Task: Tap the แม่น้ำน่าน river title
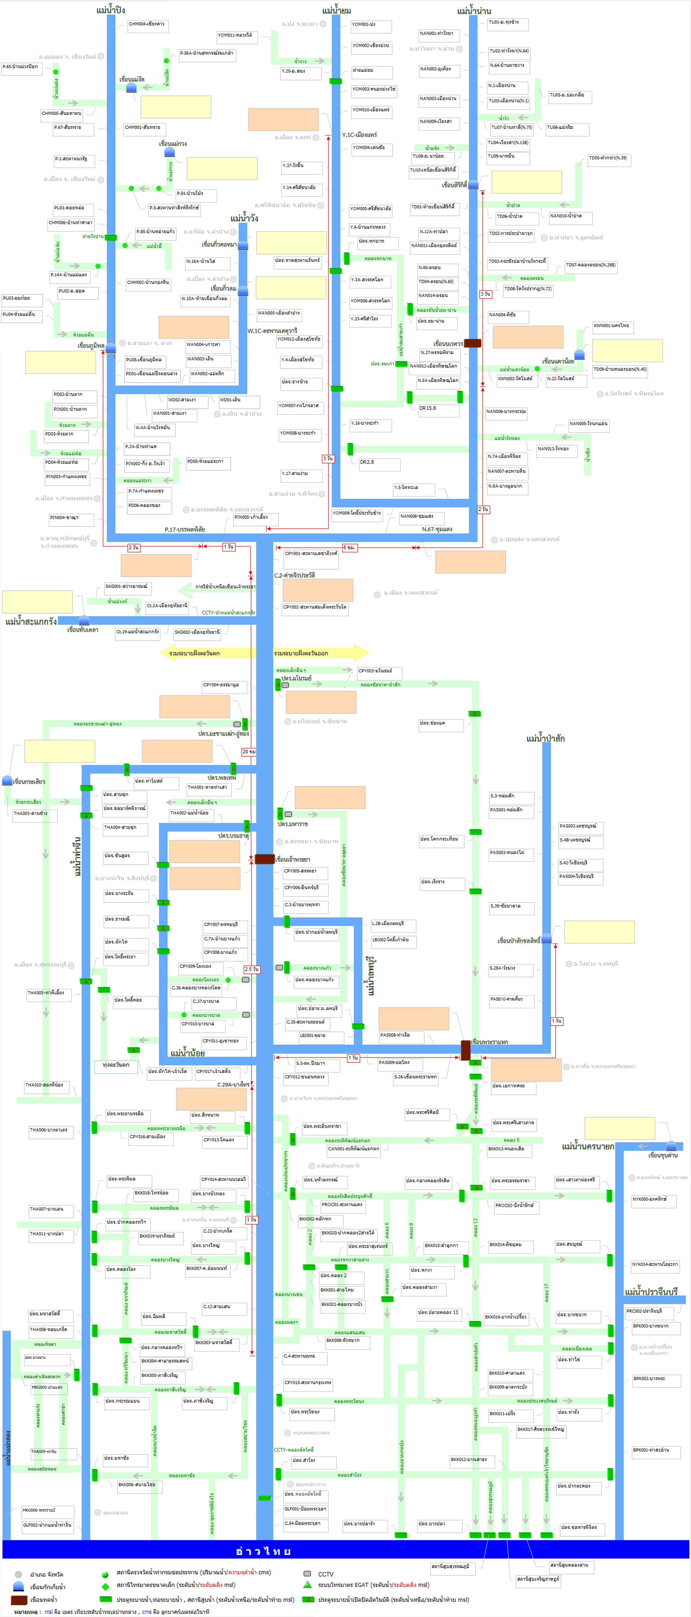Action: [474, 11]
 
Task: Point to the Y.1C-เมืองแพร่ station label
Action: [359, 134]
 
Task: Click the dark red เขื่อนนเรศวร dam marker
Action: [472, 343]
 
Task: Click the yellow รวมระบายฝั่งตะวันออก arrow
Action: [320, 653]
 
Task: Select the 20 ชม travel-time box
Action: [249, 751]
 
